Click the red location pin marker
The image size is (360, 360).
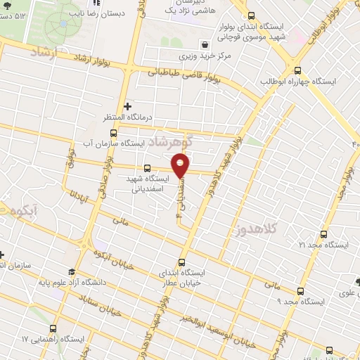[181, 165]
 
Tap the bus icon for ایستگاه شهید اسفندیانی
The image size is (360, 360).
[146, 168]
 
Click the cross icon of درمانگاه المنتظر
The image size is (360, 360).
[127, 107]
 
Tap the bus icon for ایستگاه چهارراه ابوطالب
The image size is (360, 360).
[298, 70]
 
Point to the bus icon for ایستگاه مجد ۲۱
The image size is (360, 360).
[323, 234]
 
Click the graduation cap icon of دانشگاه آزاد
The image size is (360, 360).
[70, 271]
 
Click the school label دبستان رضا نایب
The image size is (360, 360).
[94, 12]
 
